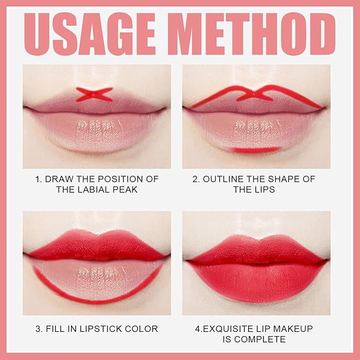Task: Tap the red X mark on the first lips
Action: tap(94, 94)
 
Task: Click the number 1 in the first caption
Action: tap(38, 179)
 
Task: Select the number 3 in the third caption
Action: tap(38, 329)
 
